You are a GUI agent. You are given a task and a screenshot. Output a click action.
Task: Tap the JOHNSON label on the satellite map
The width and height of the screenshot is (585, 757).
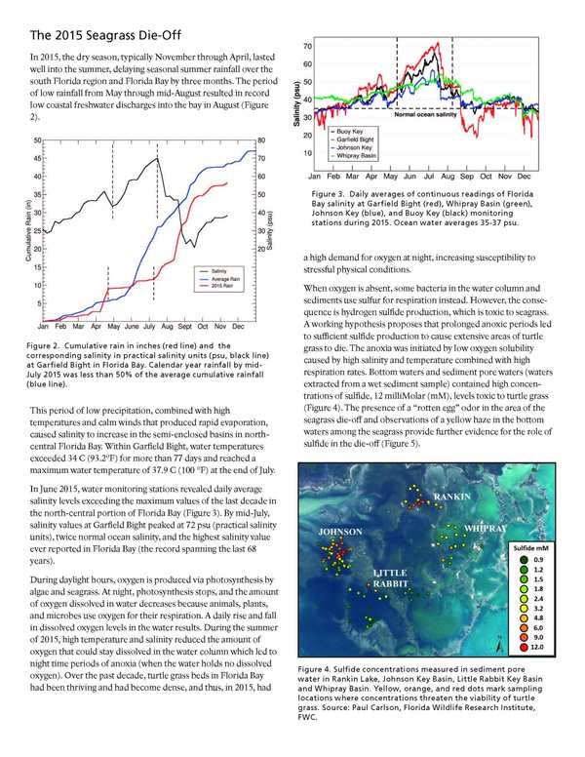pos(340,532)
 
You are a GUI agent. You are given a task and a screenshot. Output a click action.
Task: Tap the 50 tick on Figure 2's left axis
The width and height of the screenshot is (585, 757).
pos(36,140)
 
